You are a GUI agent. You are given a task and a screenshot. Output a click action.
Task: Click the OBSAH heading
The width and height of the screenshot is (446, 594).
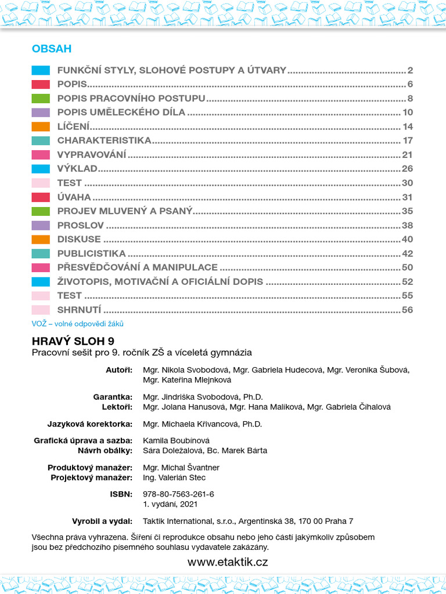(x=52, y=49)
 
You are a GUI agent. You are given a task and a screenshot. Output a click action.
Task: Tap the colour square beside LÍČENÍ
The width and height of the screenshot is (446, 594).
(x=41, y=126)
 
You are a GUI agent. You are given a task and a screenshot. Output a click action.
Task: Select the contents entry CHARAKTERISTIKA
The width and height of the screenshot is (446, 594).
(x=104, y=140)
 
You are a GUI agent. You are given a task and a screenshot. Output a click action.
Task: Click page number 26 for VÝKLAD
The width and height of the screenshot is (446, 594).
(x=407, y=169)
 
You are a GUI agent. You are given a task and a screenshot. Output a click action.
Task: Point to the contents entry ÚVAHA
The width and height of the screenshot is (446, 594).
(x=74, y=197)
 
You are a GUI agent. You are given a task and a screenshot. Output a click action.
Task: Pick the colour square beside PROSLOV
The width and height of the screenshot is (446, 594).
(x=41, y=225)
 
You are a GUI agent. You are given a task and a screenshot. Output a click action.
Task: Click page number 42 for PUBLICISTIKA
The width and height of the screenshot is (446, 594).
(x=407, y=253)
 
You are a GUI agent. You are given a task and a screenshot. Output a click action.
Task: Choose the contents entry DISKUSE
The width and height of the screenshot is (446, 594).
(x=79, y=239)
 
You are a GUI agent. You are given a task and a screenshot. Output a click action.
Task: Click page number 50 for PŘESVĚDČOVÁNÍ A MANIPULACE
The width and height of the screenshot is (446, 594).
(x=407, y=267)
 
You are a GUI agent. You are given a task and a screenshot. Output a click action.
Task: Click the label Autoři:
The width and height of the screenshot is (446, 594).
(x=119, y=370)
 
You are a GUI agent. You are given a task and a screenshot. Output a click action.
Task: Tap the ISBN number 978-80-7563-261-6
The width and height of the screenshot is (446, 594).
(x=178, y=494)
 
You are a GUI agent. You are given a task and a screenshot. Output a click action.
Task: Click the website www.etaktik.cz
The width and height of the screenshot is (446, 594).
(x=228, y=562)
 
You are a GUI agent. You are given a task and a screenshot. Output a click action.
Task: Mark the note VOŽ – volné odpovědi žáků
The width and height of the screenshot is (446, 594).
(x=78, y=324)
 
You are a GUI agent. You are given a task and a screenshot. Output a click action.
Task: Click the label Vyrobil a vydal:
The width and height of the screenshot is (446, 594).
(x=102, y=520)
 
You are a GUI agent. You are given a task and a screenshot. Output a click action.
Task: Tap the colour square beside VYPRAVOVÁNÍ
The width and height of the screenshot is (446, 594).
(x=41, y=155)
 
